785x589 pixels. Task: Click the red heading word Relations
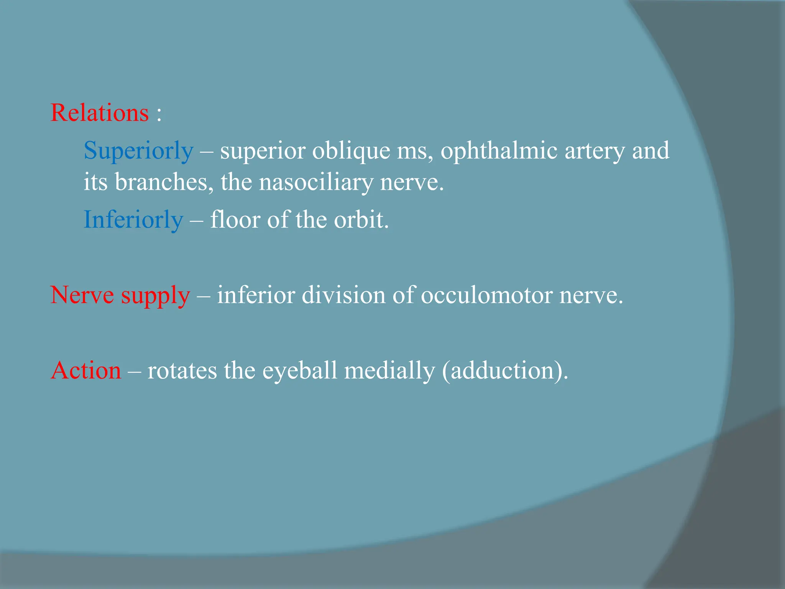[100, 113]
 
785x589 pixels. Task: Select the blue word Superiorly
[138, 150]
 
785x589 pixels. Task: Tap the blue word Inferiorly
[133, 220]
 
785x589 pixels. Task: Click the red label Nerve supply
[120, 295]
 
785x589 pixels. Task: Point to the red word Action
[86, 370]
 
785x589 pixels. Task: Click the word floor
[235, 220]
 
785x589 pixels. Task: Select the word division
[343, 295]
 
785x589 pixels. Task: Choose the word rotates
[182, 370]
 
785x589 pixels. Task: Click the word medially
[389, 370]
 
